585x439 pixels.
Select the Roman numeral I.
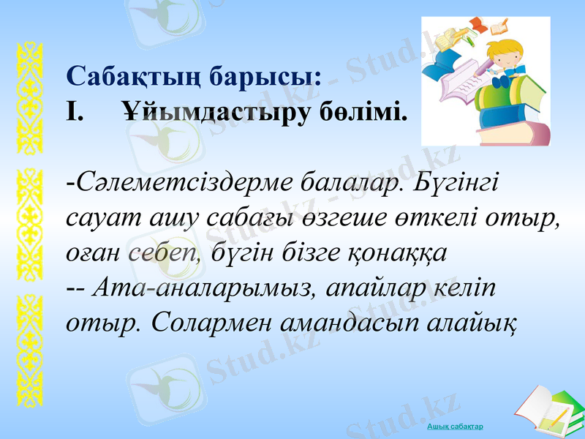74,113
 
